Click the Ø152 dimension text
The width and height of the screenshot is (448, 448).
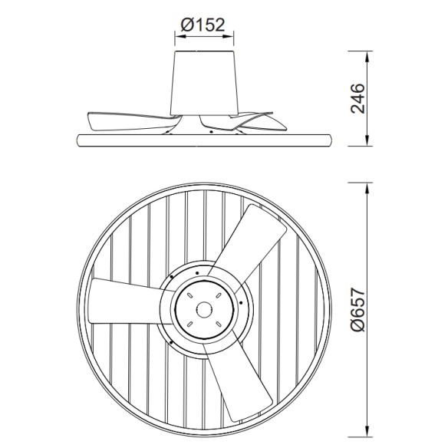click(203, 25)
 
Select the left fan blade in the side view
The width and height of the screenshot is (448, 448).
click(127, 121)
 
